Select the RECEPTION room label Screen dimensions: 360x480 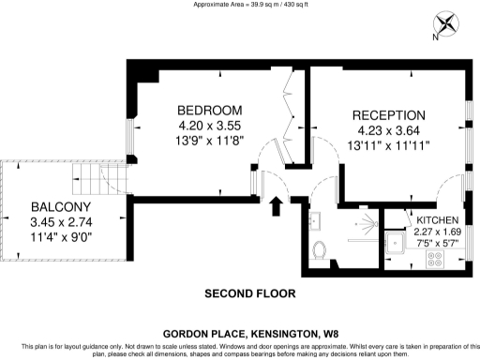(389, 115)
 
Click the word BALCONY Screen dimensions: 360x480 (60, 207)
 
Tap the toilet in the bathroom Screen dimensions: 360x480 (320, 249)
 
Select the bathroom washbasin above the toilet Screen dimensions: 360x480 (315, 220)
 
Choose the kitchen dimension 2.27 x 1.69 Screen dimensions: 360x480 (437, 231)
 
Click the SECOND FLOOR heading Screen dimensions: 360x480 (250, 293)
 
